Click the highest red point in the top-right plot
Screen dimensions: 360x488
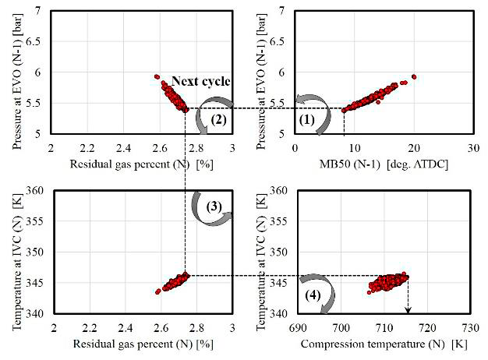pos(414,76)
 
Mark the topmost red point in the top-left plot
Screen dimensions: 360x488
pos(157,76)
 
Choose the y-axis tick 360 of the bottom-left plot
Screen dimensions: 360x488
pos(37,190)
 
